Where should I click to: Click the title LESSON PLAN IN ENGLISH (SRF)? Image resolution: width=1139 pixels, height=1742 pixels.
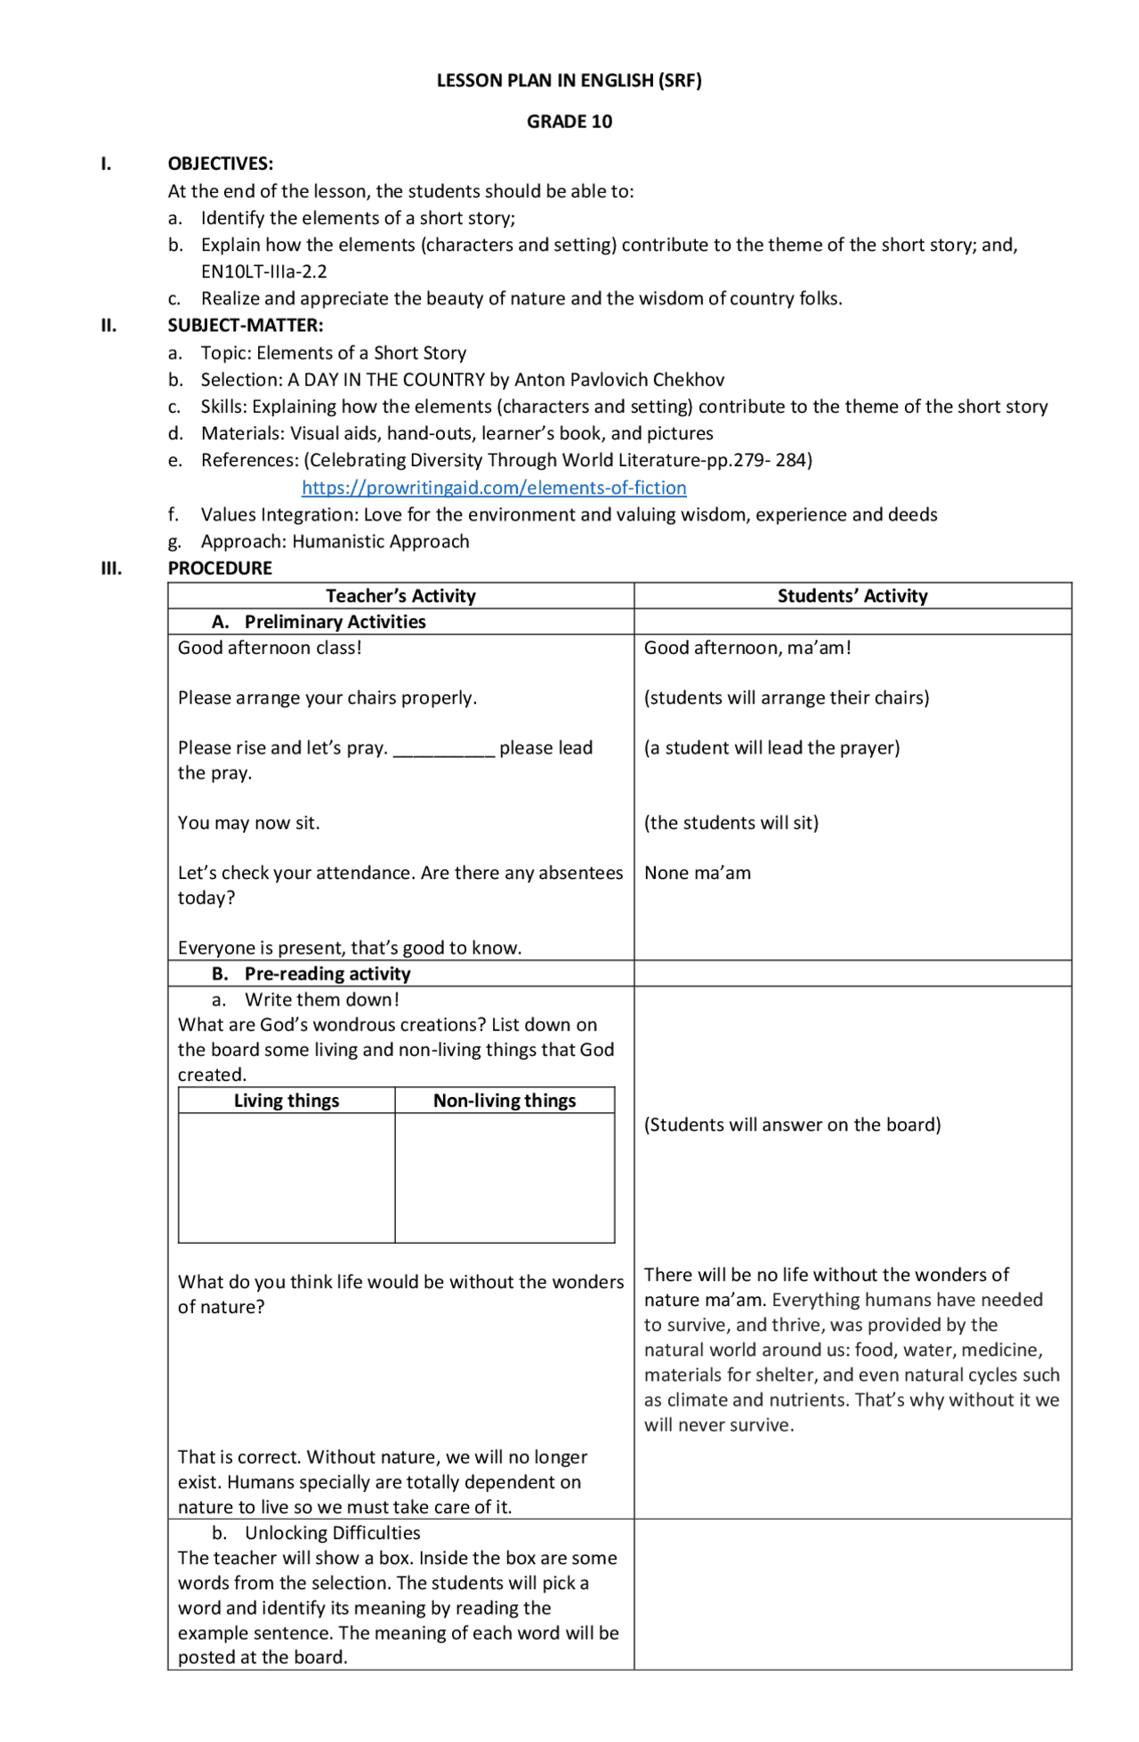pyautogui.click(x=569, y=81)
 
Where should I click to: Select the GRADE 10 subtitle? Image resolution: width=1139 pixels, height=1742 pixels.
pyautogui.click(x=569, y=122)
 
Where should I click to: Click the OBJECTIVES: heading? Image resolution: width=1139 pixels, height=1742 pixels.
pyautogui.click(x=220, y=164)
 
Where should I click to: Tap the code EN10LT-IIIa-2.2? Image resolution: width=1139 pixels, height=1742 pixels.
pyautogui.click(x=263, y=272)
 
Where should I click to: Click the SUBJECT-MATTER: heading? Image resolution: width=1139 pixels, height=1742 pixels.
pyautogui.click(x=245, y=326)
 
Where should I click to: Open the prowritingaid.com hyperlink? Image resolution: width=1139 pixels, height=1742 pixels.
pyautogui.click(x=494, y=488)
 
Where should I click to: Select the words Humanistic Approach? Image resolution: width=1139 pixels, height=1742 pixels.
pyautogui.click(x=380, y=542)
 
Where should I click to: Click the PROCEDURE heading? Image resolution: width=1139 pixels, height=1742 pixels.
pyautogui.click(x=220, y=569)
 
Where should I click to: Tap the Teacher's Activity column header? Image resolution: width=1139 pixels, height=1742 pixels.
pyautogui.click(x=400, y=596)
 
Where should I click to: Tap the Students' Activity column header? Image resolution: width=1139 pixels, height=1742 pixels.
pyautogui.click(x=852, y=596)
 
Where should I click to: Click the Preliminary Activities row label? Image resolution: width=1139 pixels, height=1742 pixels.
pyautogui.click(x=335, y=622)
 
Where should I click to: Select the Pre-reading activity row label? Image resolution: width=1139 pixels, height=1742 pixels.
pyautogui.click(x=327, y=973)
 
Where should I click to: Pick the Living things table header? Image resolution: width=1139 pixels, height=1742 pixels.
pyautogui.click(x=287, y=1101)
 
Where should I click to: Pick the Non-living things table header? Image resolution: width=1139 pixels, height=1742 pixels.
pyautogui.click(x=505, y=1101)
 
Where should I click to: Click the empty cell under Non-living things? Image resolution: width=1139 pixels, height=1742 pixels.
pyautogui.click(x=505, y=1177)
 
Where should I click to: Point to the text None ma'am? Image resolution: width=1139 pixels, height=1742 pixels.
pyautogui.click(x=697, y=873)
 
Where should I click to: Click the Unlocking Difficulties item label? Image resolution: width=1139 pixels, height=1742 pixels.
pyautogui.click(x=332, y=1533)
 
